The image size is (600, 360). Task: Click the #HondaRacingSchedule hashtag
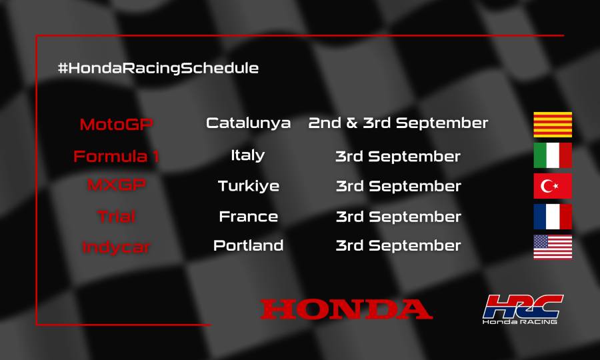tap(158, 68)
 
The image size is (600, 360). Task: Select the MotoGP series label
tap(117, 125)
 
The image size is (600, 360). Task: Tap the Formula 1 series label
tap(117, 157)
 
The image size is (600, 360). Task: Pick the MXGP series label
tap(117, 186)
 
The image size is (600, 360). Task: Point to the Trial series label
tap(117, 217)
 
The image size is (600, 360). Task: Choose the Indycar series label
tap(117, 247)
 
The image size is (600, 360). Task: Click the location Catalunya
tap(248, 123)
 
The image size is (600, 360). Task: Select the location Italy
tap(248, 155)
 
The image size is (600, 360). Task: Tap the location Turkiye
tap(248, 186)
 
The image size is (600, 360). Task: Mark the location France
tap(248, 217)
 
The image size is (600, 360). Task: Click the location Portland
tap(248, 246)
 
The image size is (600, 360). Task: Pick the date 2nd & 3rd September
tap(398, 123)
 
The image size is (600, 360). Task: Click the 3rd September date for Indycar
tap(398, 246)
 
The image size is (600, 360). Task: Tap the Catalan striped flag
tap(553, 125)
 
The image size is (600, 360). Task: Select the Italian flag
tap(553, 155)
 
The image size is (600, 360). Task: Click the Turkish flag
tap(553, 186)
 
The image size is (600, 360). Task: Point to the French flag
tap(553, 217)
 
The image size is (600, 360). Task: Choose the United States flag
tap(553, 247)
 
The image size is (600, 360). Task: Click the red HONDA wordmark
tap(346, 309)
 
